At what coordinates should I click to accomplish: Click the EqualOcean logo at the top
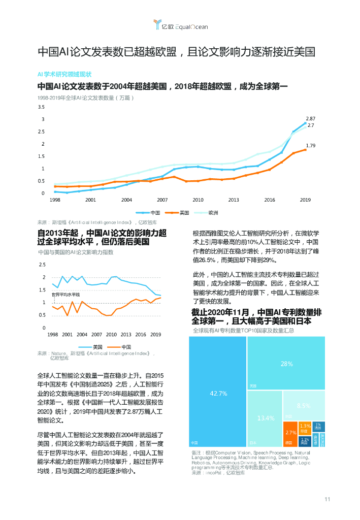(181, 25)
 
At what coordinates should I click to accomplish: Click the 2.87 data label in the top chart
(310, 118)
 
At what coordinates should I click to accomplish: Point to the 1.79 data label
(311, 146)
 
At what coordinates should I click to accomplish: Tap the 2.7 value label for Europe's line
(310, 125)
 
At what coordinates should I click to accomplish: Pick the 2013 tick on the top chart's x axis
(234, 200)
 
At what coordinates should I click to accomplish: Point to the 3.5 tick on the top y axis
(41, 107)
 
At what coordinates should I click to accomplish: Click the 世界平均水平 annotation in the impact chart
(66, 295)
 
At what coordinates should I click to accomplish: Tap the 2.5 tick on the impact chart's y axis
(42, 265)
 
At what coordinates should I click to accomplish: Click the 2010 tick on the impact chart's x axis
(111, 335)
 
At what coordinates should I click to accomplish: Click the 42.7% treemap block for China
(218, 394)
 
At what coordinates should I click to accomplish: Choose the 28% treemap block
(286, 364)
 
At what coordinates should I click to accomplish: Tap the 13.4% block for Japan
(265, 418)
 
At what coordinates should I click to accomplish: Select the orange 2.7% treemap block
(290, 433)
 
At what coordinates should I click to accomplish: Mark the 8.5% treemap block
(304, 405)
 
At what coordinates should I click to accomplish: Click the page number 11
(328, 499)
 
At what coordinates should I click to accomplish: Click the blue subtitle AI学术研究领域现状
(64, 74)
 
